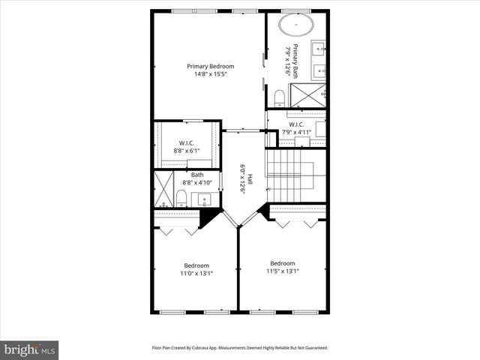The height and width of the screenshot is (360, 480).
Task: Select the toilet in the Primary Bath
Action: [x=279, y=96]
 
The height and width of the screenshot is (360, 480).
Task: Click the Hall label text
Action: [x=250, y=180]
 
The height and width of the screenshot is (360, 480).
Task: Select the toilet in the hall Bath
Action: [x=181, y=197]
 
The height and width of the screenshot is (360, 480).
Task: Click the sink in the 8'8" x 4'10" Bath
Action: [x=204, y=200]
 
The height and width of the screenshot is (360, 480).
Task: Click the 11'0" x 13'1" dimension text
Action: [x=196, y=274]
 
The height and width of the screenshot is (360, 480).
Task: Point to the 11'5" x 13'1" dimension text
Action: [x=282, y=271]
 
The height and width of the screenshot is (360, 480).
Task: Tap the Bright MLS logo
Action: [x=30, y=349]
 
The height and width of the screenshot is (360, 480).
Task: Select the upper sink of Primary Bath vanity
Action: [x=319, y=51]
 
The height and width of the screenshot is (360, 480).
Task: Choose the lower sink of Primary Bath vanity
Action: [x=319, y=72]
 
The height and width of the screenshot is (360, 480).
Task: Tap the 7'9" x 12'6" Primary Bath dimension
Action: [x=288, y=64]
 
